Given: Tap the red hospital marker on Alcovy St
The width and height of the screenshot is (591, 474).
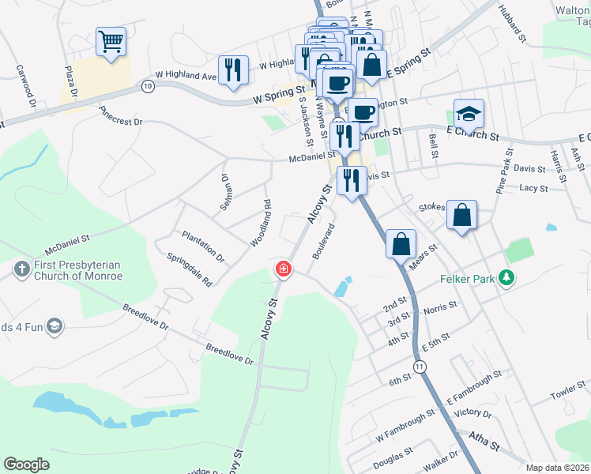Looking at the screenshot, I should (282, 270).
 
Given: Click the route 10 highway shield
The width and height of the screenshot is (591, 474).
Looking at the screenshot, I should (148, 85).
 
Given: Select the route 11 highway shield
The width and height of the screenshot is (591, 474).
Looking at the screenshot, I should (420, 367).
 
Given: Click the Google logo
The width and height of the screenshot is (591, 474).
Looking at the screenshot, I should (26, 465).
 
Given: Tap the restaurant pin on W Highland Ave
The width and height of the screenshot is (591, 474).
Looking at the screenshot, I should (233, 70).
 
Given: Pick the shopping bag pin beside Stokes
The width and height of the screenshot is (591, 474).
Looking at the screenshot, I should (461, 214).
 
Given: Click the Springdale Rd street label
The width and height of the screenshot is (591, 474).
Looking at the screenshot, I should (190, 269).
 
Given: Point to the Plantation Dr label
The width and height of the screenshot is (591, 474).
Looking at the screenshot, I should (203, 246).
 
